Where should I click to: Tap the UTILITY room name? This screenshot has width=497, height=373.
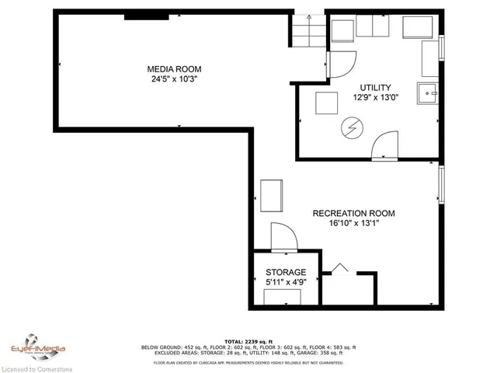coord(375,88)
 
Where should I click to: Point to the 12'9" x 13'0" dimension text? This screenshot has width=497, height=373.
coord(375,98)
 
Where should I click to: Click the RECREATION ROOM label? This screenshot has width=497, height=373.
coord(353,214)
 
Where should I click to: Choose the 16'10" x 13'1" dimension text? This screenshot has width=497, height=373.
coord(353,224)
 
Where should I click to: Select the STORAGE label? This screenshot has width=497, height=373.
coord(286,272)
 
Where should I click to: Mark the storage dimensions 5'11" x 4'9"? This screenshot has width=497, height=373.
coord(286,282)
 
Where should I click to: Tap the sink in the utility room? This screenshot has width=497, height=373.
coord(428,93)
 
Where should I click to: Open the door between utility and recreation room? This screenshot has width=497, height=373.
coord(384,146)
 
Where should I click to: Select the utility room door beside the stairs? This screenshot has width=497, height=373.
coord(340,64)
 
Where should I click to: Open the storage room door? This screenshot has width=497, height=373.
coord(283,237)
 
